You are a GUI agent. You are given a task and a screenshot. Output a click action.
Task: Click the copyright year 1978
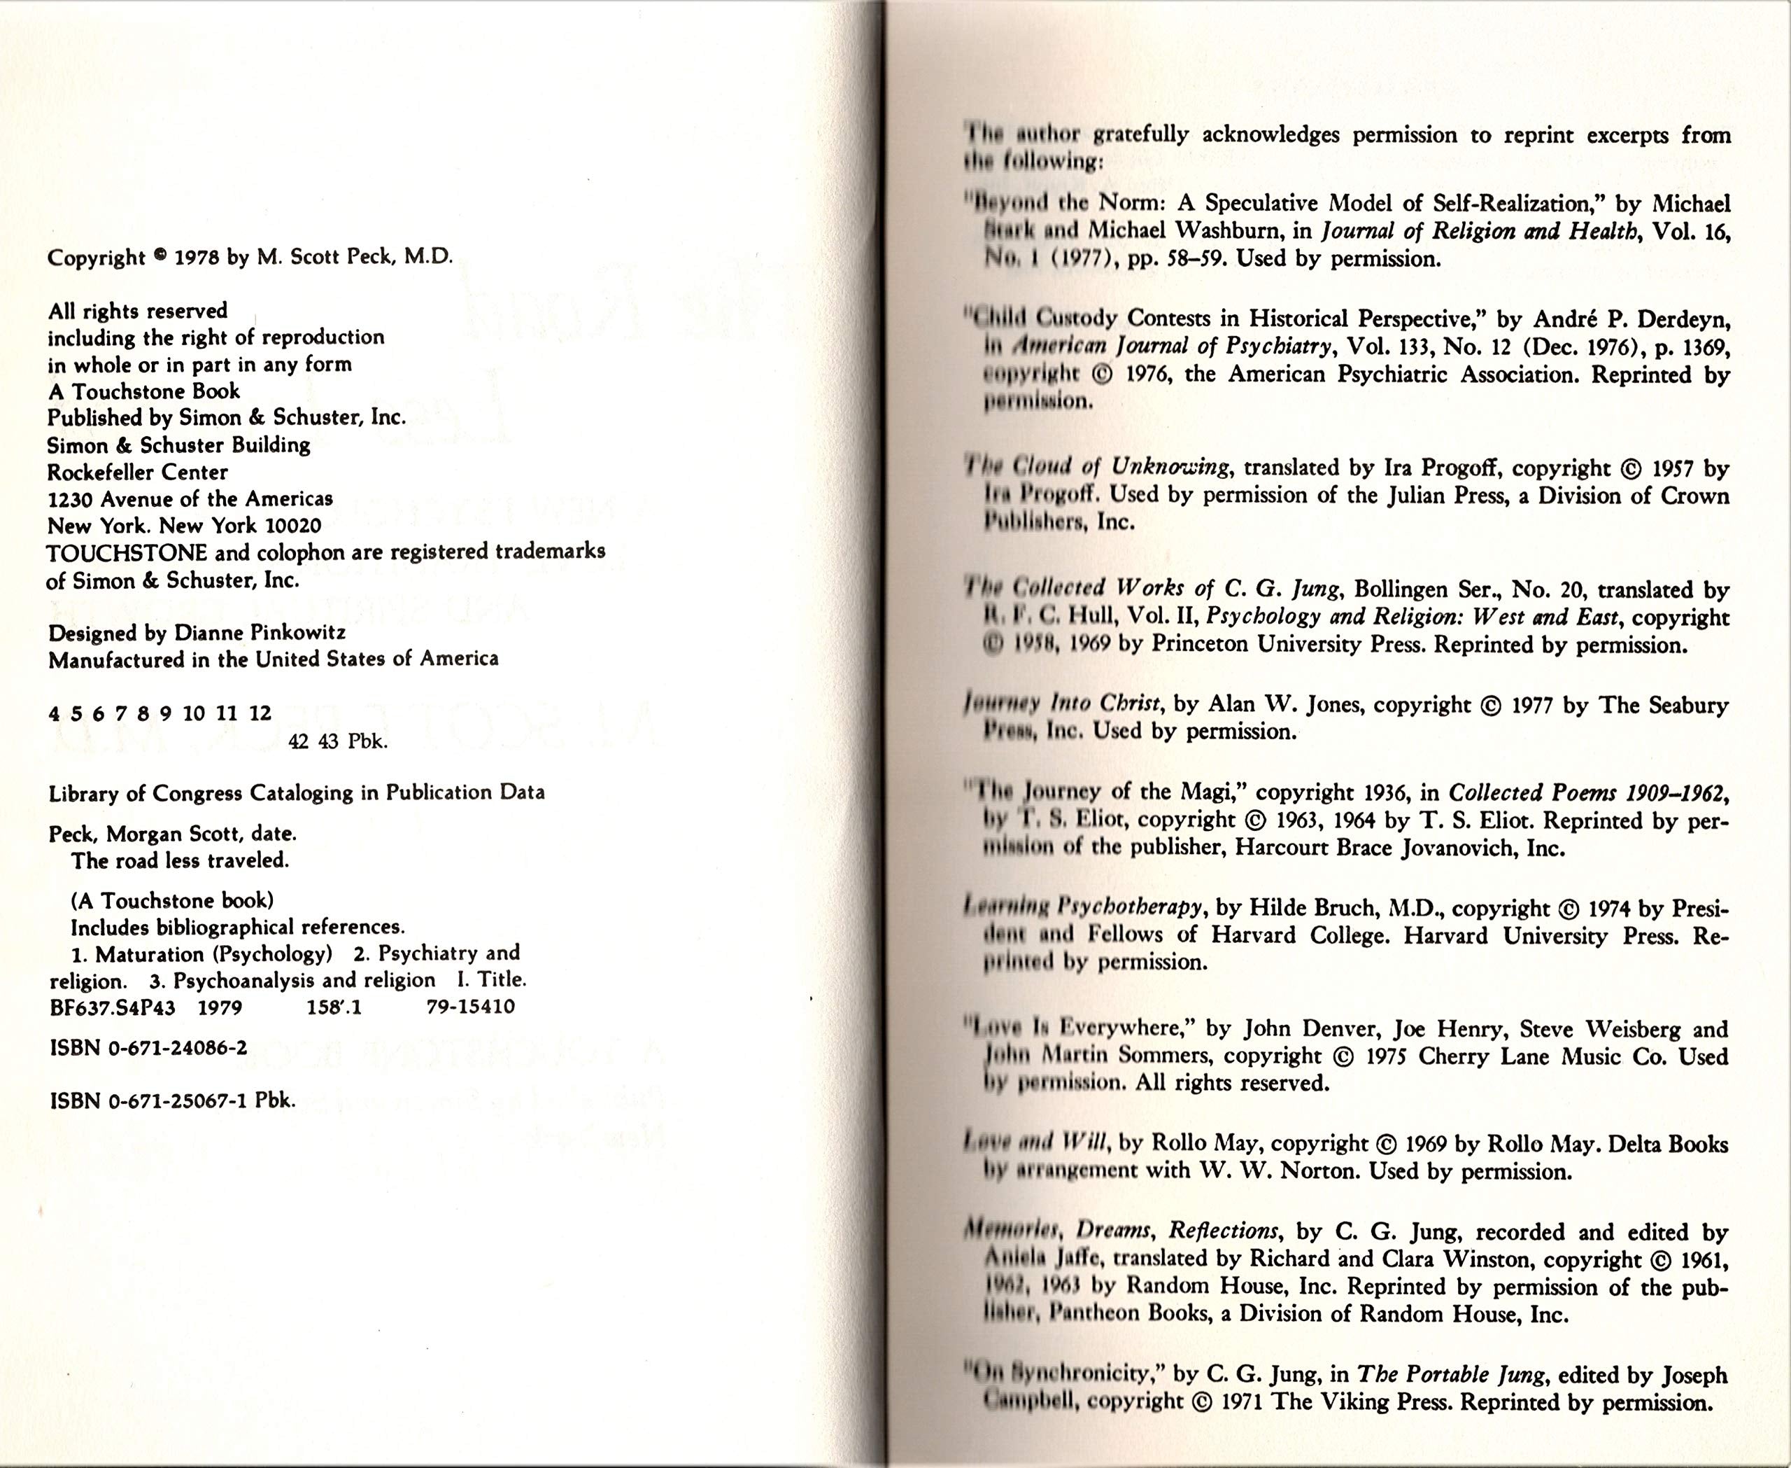pos(196,257)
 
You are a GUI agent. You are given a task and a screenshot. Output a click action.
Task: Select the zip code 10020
pos(292,525)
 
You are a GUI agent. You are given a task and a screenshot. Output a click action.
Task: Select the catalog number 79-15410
pos(470,1006)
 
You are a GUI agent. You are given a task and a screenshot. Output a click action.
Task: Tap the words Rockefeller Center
pos(137,472)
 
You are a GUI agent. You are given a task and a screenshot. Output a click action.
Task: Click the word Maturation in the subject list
pos(150,954)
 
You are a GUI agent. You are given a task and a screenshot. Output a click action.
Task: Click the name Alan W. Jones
pos(1282,704)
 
